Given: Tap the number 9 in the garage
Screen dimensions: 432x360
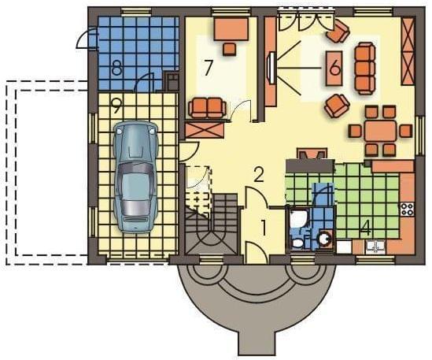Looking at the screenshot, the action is click(x=116, y=106).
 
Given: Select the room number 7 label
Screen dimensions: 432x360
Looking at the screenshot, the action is click(x=208, y=68).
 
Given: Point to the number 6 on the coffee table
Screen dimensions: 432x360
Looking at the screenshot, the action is click(x=334, y=68).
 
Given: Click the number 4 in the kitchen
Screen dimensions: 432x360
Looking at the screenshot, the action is click(x=366, y=228).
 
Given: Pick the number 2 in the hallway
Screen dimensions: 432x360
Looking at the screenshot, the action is click(x=259, y=174).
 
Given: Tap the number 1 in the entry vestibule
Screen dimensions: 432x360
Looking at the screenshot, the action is click(x=264, y=228).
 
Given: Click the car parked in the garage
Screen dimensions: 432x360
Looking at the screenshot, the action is click(x=135, y=177).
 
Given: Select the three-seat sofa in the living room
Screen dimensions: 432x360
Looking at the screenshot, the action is click(x=365, y=69).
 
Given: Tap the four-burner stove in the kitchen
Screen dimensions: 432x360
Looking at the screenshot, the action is click(x=408, y=209).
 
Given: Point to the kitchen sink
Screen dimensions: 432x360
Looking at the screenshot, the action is click(x=375, y=247).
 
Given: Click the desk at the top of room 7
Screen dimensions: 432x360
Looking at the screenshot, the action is click(x=231, y=29).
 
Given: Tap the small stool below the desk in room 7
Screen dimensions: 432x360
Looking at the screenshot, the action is click(x=230, y=50).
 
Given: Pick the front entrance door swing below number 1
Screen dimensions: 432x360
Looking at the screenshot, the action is click(x=256, y=252).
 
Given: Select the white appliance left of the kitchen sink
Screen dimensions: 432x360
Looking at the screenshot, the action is click(x=344, y=247).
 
